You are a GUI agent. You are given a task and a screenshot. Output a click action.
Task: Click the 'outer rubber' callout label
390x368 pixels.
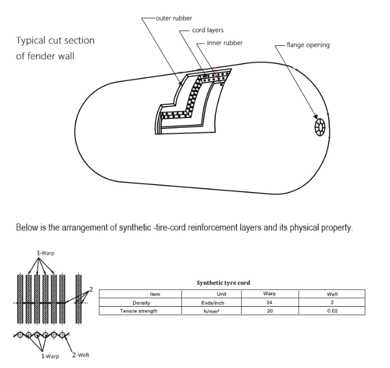[174, 18]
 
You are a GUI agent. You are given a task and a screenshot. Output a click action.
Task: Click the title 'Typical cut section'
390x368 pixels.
[55, 41]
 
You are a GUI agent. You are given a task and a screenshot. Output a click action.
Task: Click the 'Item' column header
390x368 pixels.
[155, 294]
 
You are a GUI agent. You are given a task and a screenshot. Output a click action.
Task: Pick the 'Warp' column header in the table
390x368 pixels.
[270, 294]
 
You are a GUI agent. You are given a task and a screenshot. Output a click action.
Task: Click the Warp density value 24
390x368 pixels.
[270, 302]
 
